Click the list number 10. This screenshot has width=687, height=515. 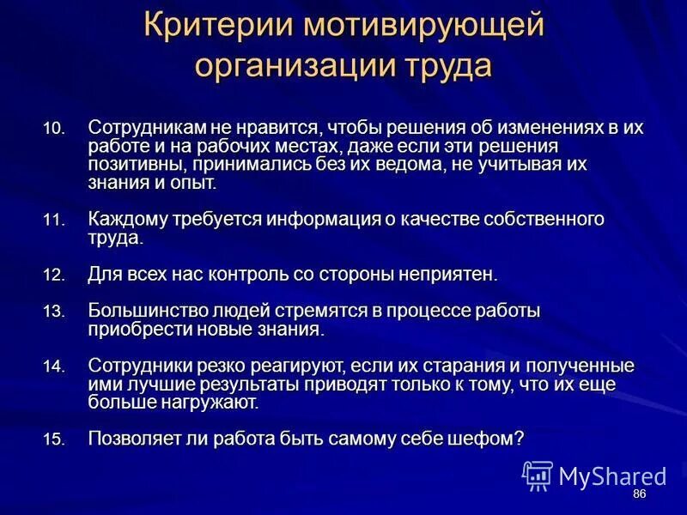pyautogui.click(x=53, y=129)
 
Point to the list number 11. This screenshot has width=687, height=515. pyautogui.click(x=53, y=221)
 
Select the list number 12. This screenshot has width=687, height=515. pyautogui.click(x=53, y=276)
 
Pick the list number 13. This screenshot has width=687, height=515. pyautogui.click(x=53, y=312)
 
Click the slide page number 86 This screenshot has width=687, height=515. pyautogui.click(x=639, y=495)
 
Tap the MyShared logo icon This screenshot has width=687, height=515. pyautogui.click(x=538, y=475)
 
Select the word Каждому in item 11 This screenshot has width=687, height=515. pyautogui.click(x=126, y=219)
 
